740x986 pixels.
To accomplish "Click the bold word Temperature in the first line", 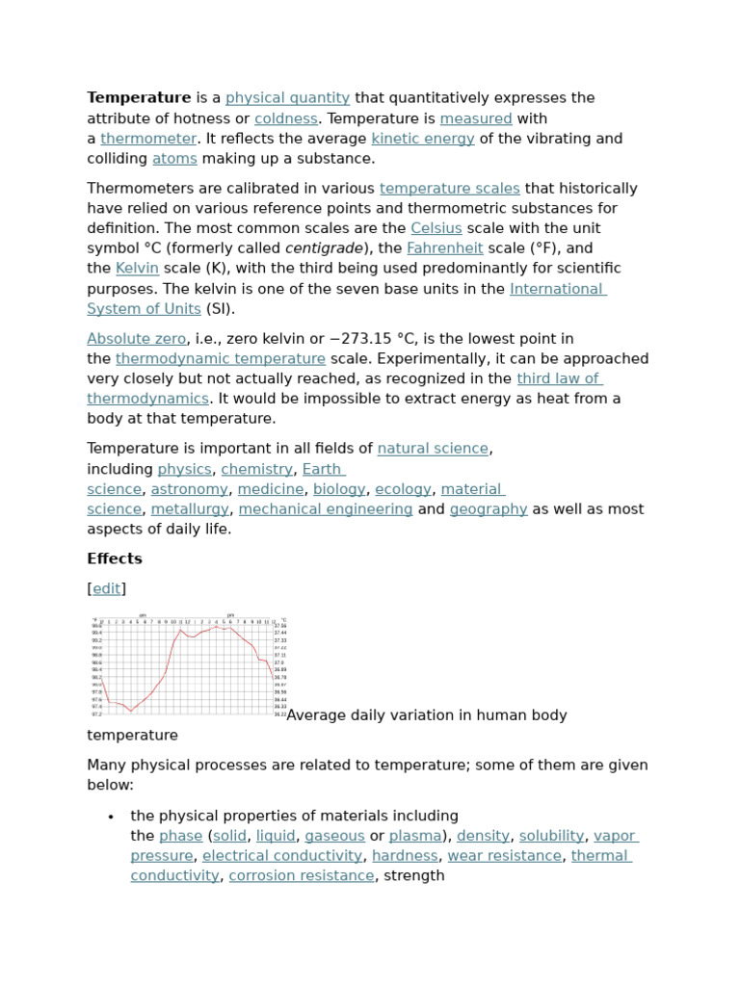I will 139,98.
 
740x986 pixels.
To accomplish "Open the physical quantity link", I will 287,98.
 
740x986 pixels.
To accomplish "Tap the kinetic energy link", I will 422,139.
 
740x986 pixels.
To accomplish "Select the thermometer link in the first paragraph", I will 148,139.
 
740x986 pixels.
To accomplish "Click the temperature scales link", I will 449,189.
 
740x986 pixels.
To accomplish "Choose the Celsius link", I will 436,228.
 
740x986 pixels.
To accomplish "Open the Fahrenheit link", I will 444,248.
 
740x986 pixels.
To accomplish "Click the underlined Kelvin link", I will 137,269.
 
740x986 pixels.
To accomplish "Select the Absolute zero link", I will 136,339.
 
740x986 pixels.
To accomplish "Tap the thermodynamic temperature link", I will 221,359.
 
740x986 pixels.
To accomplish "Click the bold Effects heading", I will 115,558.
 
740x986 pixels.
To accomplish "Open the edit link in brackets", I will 107,588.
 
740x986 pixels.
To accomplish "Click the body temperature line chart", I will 187,666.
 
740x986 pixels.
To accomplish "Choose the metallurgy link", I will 190,509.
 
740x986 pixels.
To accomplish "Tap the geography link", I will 488,509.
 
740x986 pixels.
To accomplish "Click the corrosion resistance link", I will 301,876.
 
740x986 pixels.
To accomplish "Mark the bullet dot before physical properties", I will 112,817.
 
